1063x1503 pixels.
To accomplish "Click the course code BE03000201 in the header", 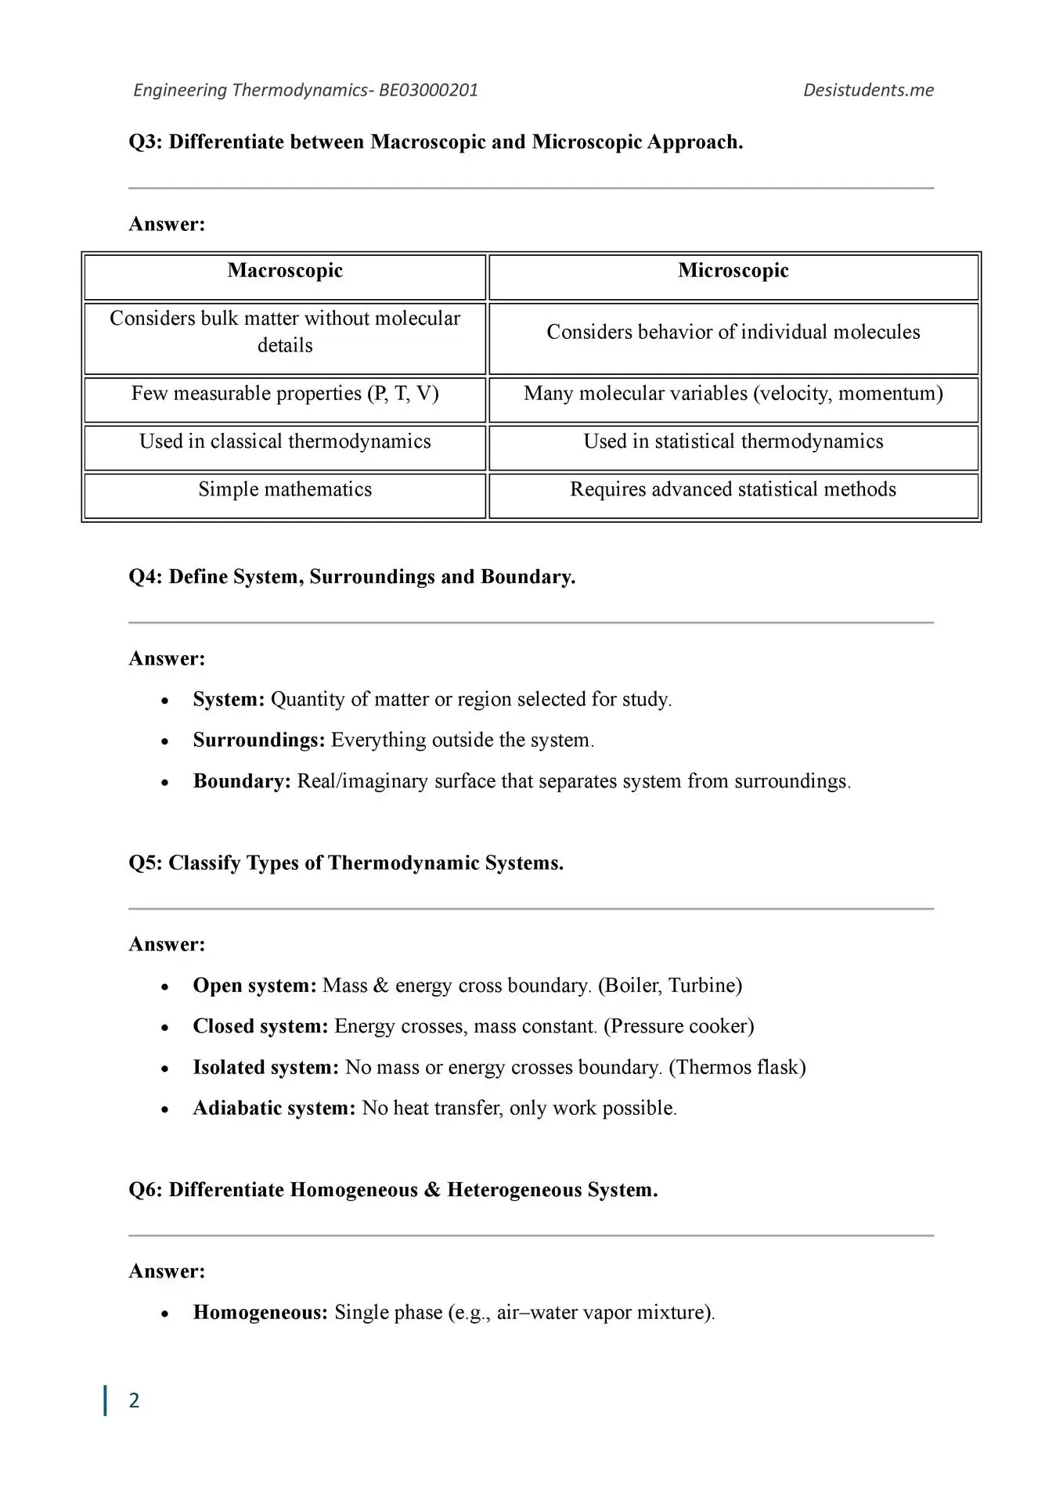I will click(x=428, y=90).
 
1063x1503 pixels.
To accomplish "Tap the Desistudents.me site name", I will click(x=868, y=90).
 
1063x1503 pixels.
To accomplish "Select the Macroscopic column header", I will click(x=285, y=271).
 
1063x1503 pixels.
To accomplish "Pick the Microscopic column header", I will click(x=733, y=271).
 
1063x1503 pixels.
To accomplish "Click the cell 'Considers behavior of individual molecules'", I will click(x=733, y=332).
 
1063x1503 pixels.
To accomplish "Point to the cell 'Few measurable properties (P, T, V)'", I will click(x=285, y=393).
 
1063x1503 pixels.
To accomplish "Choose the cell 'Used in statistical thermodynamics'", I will click(x=733, y=442).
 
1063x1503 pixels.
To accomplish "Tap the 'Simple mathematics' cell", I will click(x=285, y=489).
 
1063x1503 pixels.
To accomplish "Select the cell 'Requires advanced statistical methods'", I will click(x=733, y=489).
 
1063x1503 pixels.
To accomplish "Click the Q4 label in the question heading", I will click(x=146, y=577).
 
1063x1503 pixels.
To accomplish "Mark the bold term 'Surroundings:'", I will click(x=259, y=740).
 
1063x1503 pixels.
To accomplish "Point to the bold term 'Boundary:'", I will click(x=242, y=781).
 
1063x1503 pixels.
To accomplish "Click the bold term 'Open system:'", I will click(x=254, y=985).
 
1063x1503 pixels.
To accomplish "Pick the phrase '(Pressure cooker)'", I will click(x=679, y=1026).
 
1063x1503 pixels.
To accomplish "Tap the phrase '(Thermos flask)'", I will click(x=737, y=1067).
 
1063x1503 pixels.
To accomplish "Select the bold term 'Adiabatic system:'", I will click(x=274, y=1108).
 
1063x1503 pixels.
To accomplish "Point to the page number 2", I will click(x=134, y=1400).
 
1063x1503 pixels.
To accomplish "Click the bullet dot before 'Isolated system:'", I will click(x=164, y=1069).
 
